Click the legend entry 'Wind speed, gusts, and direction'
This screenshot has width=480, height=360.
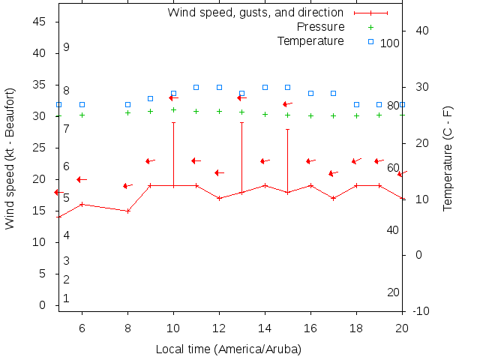pos(255,13)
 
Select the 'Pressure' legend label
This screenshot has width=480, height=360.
pos(321,27)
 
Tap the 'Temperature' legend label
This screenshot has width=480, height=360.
pos(310,41)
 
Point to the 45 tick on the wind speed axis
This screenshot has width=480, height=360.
pos(40,22)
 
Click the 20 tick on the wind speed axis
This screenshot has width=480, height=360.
pos(40,179)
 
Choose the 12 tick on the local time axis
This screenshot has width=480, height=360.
pos(219,328)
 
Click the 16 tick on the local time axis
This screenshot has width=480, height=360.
pos(310,328)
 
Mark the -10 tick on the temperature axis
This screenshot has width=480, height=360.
pos(421,311)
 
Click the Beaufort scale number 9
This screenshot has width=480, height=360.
pos(66,47)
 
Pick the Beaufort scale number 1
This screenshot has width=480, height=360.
pos(66,298)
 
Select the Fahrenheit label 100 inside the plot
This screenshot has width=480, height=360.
pos(390,43)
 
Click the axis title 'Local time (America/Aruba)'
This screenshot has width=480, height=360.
pos(228,349)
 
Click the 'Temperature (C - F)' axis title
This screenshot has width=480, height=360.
pos(448,158)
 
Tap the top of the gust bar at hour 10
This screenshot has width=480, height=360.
pos(173,122)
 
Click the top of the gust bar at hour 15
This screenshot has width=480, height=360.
pos(287,129)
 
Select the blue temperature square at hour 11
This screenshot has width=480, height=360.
pos(196,87)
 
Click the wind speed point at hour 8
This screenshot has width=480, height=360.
pos(127,211)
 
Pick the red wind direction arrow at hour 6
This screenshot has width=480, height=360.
pos(82,179)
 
